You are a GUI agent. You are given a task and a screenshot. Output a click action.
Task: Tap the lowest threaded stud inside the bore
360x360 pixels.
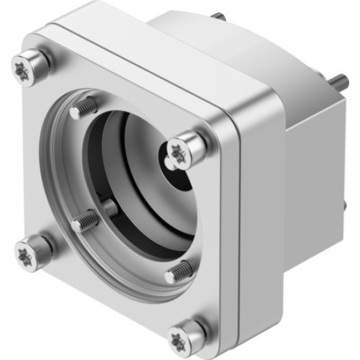click(x=178, y=271)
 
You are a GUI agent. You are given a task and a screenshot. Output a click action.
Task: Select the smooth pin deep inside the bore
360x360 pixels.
click(x=112, y=209)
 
